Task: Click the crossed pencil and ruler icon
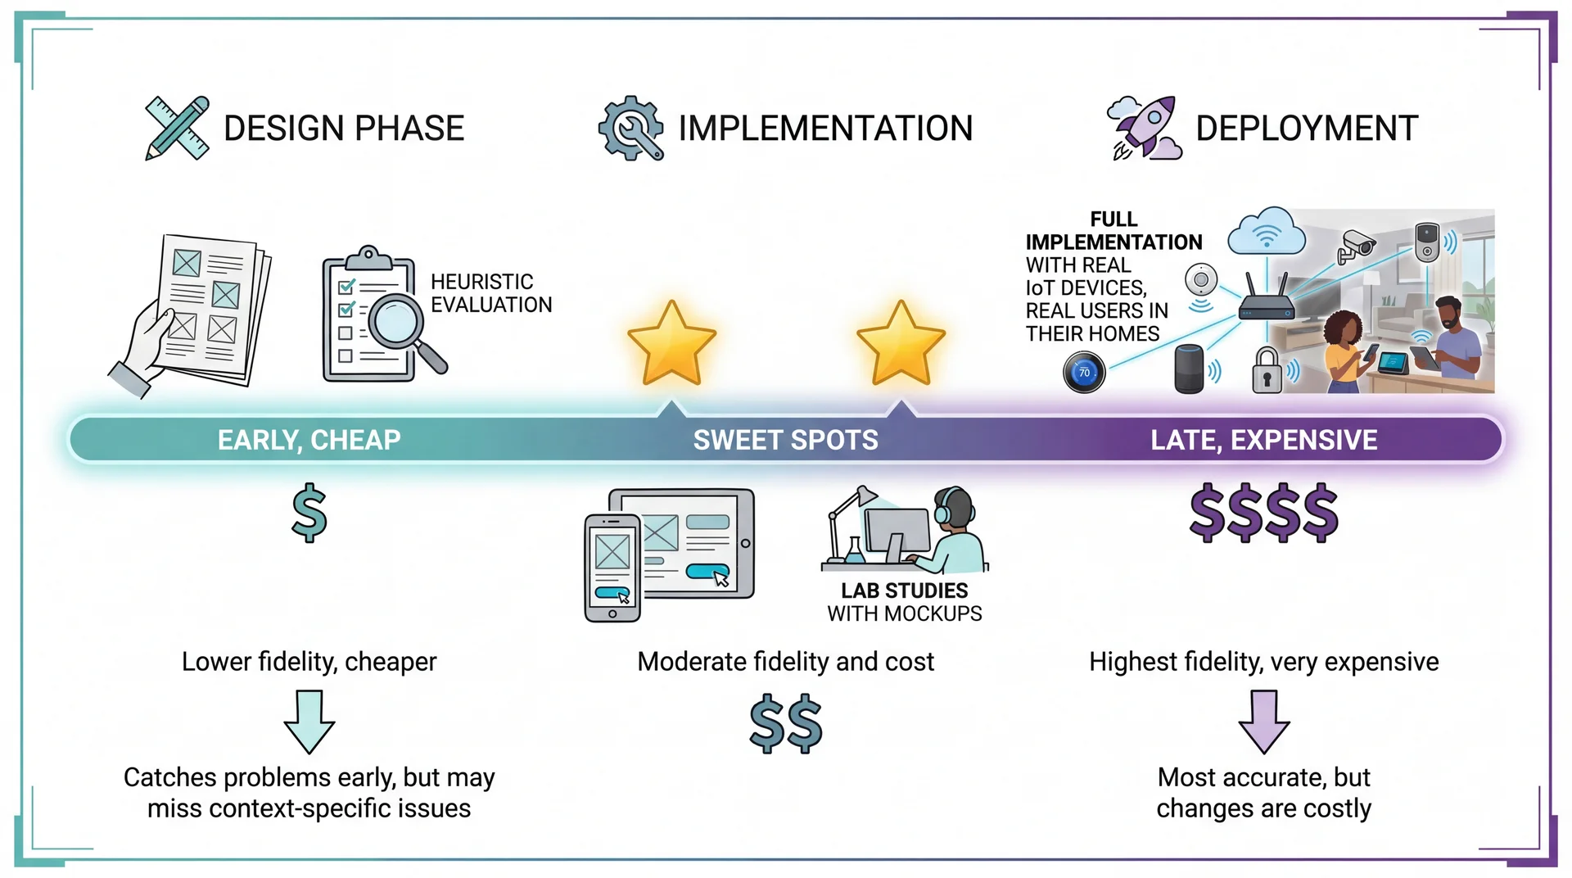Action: coord(177,129)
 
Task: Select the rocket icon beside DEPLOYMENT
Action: coord(1145,128)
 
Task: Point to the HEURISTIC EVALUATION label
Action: coord(490,293)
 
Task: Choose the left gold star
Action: coord(671,344)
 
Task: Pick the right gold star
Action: coord(901,344)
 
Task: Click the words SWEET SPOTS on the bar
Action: coord(785,440)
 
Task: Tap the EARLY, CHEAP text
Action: coord(309,440)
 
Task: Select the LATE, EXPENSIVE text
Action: coord(1263,440)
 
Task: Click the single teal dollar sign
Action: coord(309,514)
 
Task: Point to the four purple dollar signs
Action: coord(1263,514)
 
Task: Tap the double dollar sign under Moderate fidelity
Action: coord(785,724)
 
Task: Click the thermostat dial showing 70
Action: coord(1084,373)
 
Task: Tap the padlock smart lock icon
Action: coord(1267,371)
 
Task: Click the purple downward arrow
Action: coord(1263,721)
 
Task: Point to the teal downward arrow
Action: coord(309,721)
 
